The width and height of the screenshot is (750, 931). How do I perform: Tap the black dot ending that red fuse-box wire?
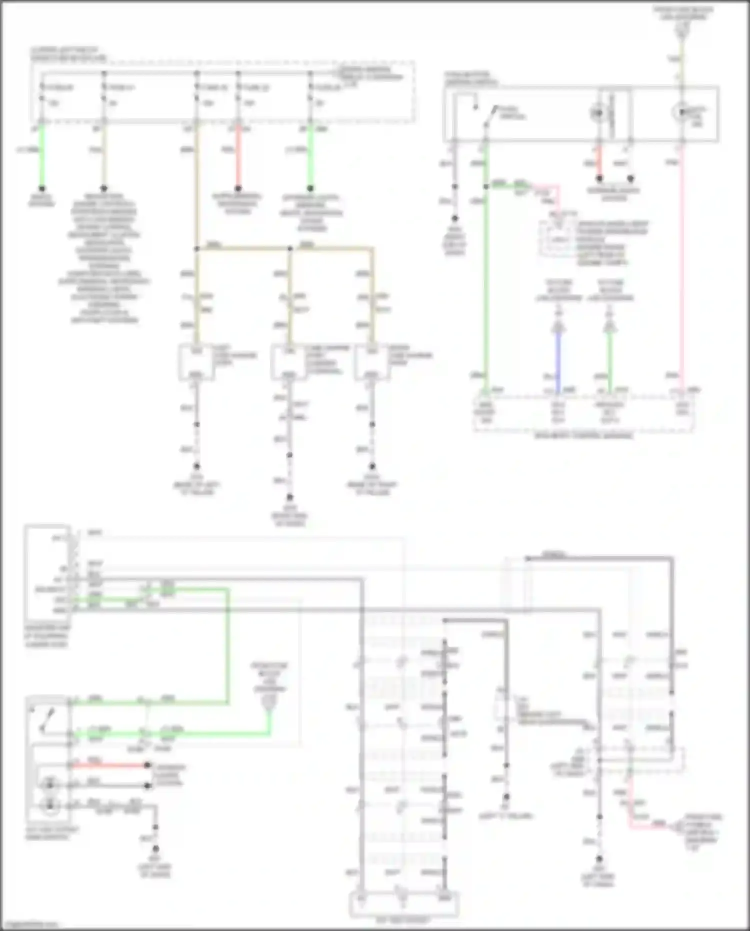click(238, 189)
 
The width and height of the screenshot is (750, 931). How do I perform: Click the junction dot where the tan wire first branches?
click(197, 248)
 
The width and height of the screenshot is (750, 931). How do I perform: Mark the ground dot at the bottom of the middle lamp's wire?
click(289, 497)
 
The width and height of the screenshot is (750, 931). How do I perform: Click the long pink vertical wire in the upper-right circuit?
click(681, 270)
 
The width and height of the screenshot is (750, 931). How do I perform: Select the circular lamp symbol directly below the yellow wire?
click(680, 112)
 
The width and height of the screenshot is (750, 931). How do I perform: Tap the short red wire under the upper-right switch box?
click(599, 163)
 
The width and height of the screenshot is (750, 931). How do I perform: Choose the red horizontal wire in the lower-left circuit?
click(110, 765)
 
